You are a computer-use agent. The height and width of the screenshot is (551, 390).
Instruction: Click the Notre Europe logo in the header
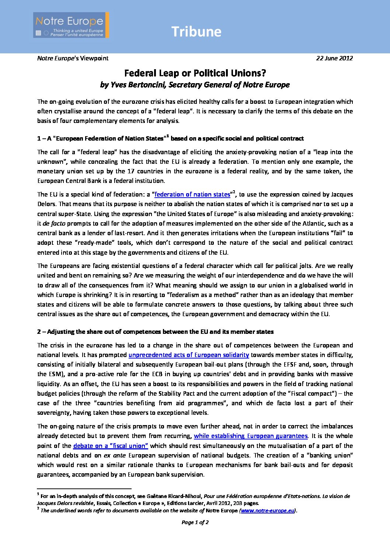[x=71, y=25]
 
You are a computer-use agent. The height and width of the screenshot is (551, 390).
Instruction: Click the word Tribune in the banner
[x=196, y=32]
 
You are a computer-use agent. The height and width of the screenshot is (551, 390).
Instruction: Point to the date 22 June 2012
[x=334, y=58]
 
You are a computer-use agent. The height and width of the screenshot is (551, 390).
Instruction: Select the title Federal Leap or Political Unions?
[x=195, y=73]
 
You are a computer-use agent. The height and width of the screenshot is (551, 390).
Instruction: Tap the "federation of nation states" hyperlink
[x=192, y=194]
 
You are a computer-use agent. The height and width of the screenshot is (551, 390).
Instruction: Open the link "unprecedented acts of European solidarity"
[x=189, y=355]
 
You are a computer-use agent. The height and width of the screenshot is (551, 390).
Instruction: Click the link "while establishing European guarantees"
[x=251, y=436]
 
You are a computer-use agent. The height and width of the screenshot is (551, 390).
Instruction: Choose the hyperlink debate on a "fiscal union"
[x=111, y=446]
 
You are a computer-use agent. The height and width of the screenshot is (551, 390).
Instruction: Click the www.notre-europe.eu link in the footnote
[x=267, y=511]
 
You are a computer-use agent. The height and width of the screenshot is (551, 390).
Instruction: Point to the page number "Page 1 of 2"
[x=195, y=522]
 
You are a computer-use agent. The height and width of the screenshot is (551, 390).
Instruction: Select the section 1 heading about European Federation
[x=170, y=138]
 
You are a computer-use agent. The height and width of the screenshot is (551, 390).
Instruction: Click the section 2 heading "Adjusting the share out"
[x=155, y=332]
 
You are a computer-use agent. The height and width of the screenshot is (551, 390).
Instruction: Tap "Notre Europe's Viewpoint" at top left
[x=73, y=58]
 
